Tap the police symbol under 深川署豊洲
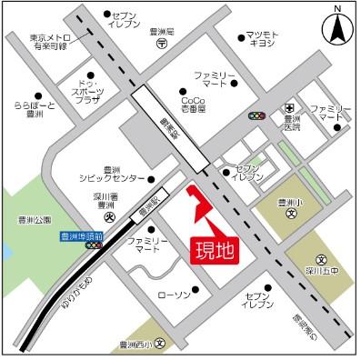pyautogui.click(x=107, y=217)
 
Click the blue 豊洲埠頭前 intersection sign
pyautogui.click(x=80, y=235)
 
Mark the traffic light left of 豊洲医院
pyautogui.click(x=257, y=117)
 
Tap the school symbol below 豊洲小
pyautogui.click(x=290, y=215)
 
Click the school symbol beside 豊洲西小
pyautogui.click(x=159, y=345)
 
